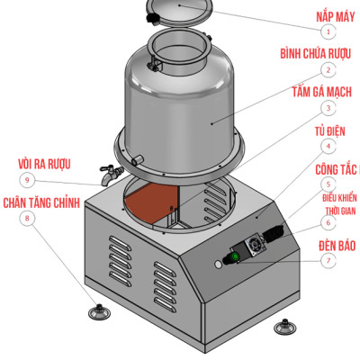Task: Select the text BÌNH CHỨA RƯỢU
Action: click(321, 54)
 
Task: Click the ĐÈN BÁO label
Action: click(336, 244)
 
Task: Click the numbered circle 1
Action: click(329, 31)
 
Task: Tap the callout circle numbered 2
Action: click(329, 69)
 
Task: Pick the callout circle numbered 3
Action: click(329, 108)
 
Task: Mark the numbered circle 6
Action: click(329, 222)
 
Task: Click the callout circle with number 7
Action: click(329, 260)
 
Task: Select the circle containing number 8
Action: click(30, 217)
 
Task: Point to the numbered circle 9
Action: click(30, 179)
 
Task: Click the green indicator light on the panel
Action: click(236, 258)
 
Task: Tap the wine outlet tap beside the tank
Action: click(108, 172)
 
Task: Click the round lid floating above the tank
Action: click(179, 12)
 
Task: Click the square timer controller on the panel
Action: click(254, 244)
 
